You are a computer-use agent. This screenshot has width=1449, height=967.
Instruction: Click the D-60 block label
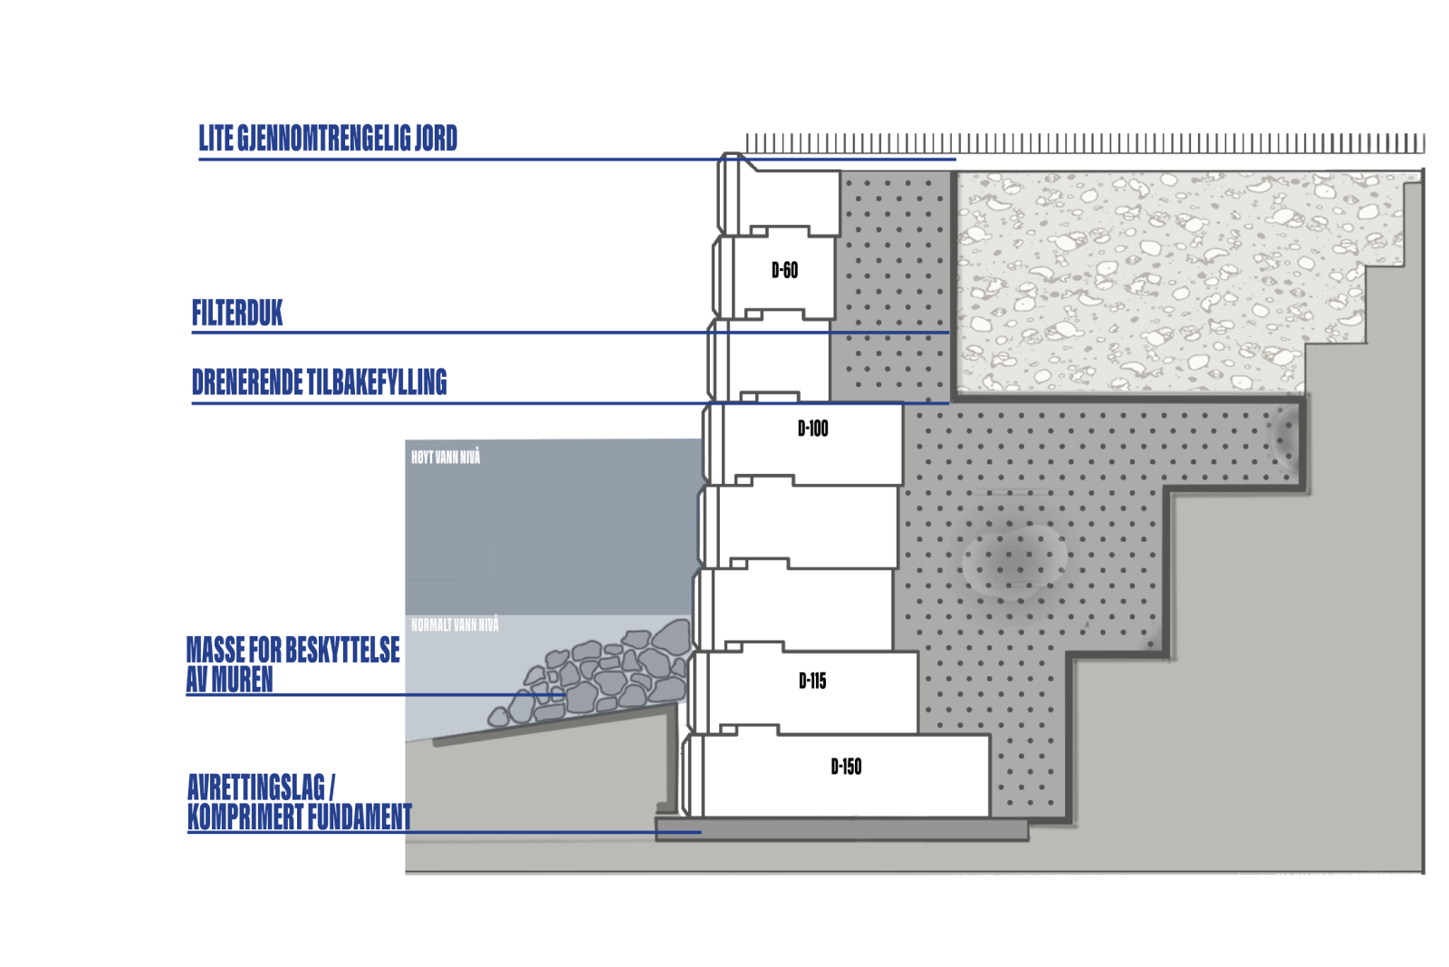point(784,270)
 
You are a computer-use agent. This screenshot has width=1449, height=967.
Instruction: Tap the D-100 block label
point(813,429)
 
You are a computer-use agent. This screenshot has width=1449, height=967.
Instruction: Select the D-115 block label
point(812,681)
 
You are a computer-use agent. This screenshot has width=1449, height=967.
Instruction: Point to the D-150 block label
point(846,767)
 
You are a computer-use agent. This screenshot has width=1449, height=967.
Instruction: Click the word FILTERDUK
point(237,313)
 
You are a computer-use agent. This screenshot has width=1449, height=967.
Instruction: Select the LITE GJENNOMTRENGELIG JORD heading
point(328,138)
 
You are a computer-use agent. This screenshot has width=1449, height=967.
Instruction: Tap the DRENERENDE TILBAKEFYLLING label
point(320,382)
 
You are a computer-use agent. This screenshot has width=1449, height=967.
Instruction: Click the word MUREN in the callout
point(242,679)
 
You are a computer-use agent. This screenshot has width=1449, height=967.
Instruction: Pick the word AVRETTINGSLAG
point(256,787)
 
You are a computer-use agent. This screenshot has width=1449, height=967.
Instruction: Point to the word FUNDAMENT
point(359,817)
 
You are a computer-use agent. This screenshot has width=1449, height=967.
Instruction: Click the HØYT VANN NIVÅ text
point(446,458)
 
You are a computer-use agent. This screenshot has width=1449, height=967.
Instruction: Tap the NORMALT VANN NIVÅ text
point(455,624)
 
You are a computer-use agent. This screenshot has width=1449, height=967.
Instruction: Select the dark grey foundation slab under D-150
point(841,829)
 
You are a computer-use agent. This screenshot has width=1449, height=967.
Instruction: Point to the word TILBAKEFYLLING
point(377,382)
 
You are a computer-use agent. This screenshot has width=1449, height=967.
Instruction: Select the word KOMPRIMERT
point(245,817)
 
